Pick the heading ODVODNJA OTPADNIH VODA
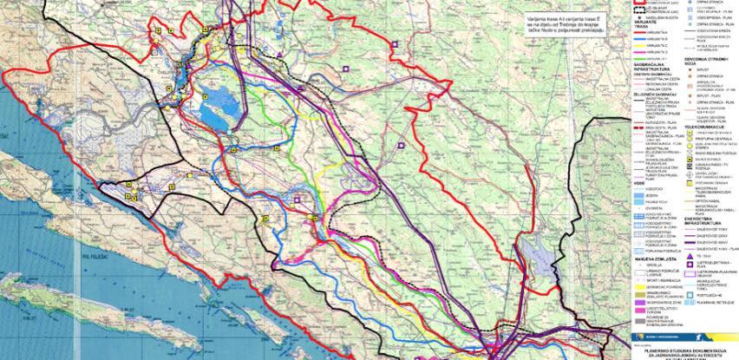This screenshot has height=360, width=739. (x=703, y=58)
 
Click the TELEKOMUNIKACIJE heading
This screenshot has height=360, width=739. (x=703, y=125)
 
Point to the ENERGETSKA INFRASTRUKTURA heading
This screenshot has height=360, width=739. (x=704, y=218)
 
